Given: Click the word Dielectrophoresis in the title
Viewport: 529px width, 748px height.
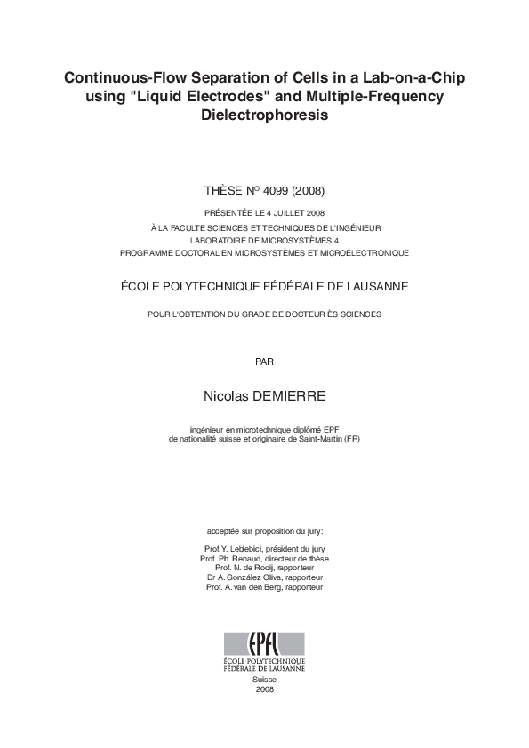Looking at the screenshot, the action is coord(264,115).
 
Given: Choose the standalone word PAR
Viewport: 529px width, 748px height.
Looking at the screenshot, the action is coord(264,361).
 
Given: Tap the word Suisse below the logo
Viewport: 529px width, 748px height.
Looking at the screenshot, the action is coord(265,680).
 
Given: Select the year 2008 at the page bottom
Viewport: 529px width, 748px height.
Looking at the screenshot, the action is coord(265,689).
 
